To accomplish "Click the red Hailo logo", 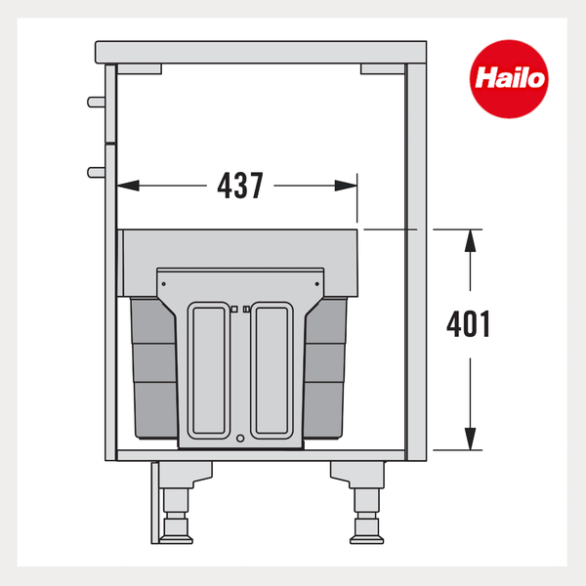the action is [x=509, y=79].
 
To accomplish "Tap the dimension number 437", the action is [x=240, y=186].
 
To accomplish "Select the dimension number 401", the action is [x=468, y=324].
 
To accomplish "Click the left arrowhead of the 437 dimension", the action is [x=128, y=186].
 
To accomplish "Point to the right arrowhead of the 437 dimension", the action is [x=346, y=186].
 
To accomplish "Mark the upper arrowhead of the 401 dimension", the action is [x=470, y=240].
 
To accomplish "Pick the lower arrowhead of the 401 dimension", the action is [x=470, y=439].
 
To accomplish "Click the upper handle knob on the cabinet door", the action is [x=96, y=102].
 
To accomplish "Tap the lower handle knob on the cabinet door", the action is [x=96, y=172].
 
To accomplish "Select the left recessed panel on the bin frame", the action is [x=209, y=370].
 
